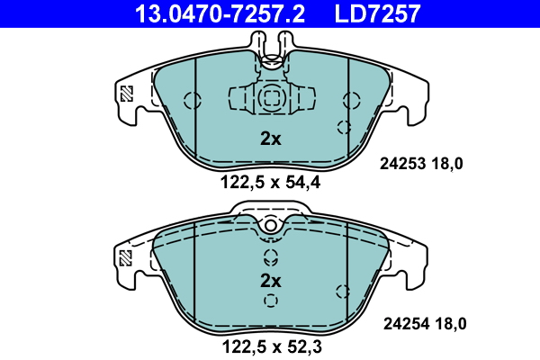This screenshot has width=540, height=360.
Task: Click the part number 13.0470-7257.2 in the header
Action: click(x=220, y=13)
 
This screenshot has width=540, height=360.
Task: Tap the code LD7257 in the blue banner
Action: click(x=377, y=13)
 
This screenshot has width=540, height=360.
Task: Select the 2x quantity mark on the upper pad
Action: click(x=271, y=139)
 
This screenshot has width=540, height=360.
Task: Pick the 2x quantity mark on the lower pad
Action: click(x=271, y=281)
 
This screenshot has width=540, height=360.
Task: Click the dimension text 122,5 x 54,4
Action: click(x=270, y=182)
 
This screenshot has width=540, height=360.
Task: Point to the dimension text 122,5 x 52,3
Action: click(x=272, y=346)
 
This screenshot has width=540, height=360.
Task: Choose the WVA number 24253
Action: click(x=403, y=164)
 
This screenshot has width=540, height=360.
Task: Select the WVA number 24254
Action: click(x=407, y=324)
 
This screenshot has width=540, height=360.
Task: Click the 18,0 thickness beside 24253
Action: click(x=447, y=164)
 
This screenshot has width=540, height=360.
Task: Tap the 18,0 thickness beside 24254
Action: click(x=451, y=324)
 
